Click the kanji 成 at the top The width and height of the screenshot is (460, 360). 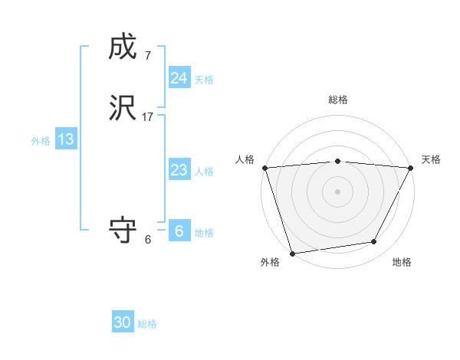click(123, 47)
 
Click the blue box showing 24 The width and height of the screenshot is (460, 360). click(179, 78)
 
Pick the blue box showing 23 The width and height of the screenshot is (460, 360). click(179, 170)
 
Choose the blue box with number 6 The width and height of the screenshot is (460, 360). click(179, 231)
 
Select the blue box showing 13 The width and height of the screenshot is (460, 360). click(65, 139)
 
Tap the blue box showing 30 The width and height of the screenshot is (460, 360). click(122, 322)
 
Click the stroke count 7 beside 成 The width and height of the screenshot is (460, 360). click(147, 56)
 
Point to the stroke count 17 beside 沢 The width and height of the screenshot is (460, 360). click(148, 117)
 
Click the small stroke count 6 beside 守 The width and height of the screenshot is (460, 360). click(147, 240)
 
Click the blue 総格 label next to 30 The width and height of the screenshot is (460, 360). click(147, 324)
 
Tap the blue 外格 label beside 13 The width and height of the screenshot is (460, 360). click(40, 141)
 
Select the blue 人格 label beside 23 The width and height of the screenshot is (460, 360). click(204, 172)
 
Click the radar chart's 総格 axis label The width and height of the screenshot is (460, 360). click(337, 100)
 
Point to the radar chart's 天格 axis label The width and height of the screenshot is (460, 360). click(431, 159)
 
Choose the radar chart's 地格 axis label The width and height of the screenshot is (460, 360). click(402, 262)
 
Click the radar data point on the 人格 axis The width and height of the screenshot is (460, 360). click(264, 168)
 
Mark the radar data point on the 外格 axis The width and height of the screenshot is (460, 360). click(292, 252)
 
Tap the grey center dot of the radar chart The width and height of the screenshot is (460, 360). click(337, 191)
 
